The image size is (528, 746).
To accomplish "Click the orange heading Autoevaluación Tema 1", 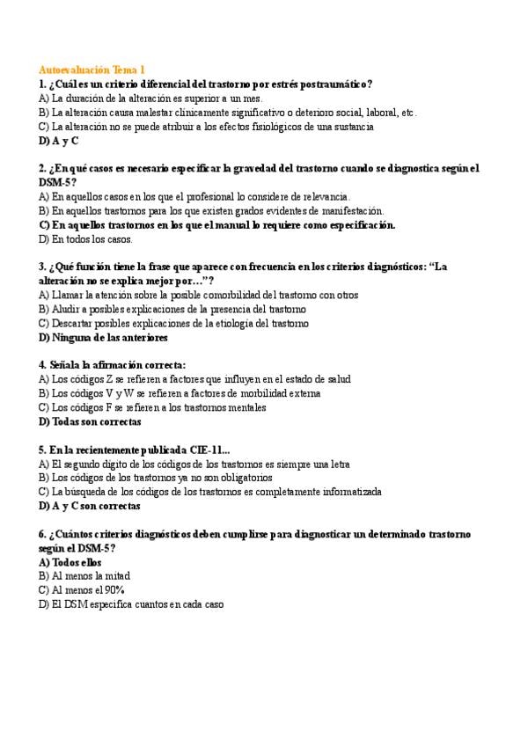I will [92, 69].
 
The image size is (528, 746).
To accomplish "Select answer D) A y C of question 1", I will [58, 140].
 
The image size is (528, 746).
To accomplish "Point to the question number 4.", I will [42, 365].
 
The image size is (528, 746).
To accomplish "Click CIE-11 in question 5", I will [218, 450].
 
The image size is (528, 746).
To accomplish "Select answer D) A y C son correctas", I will [90, 506].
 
